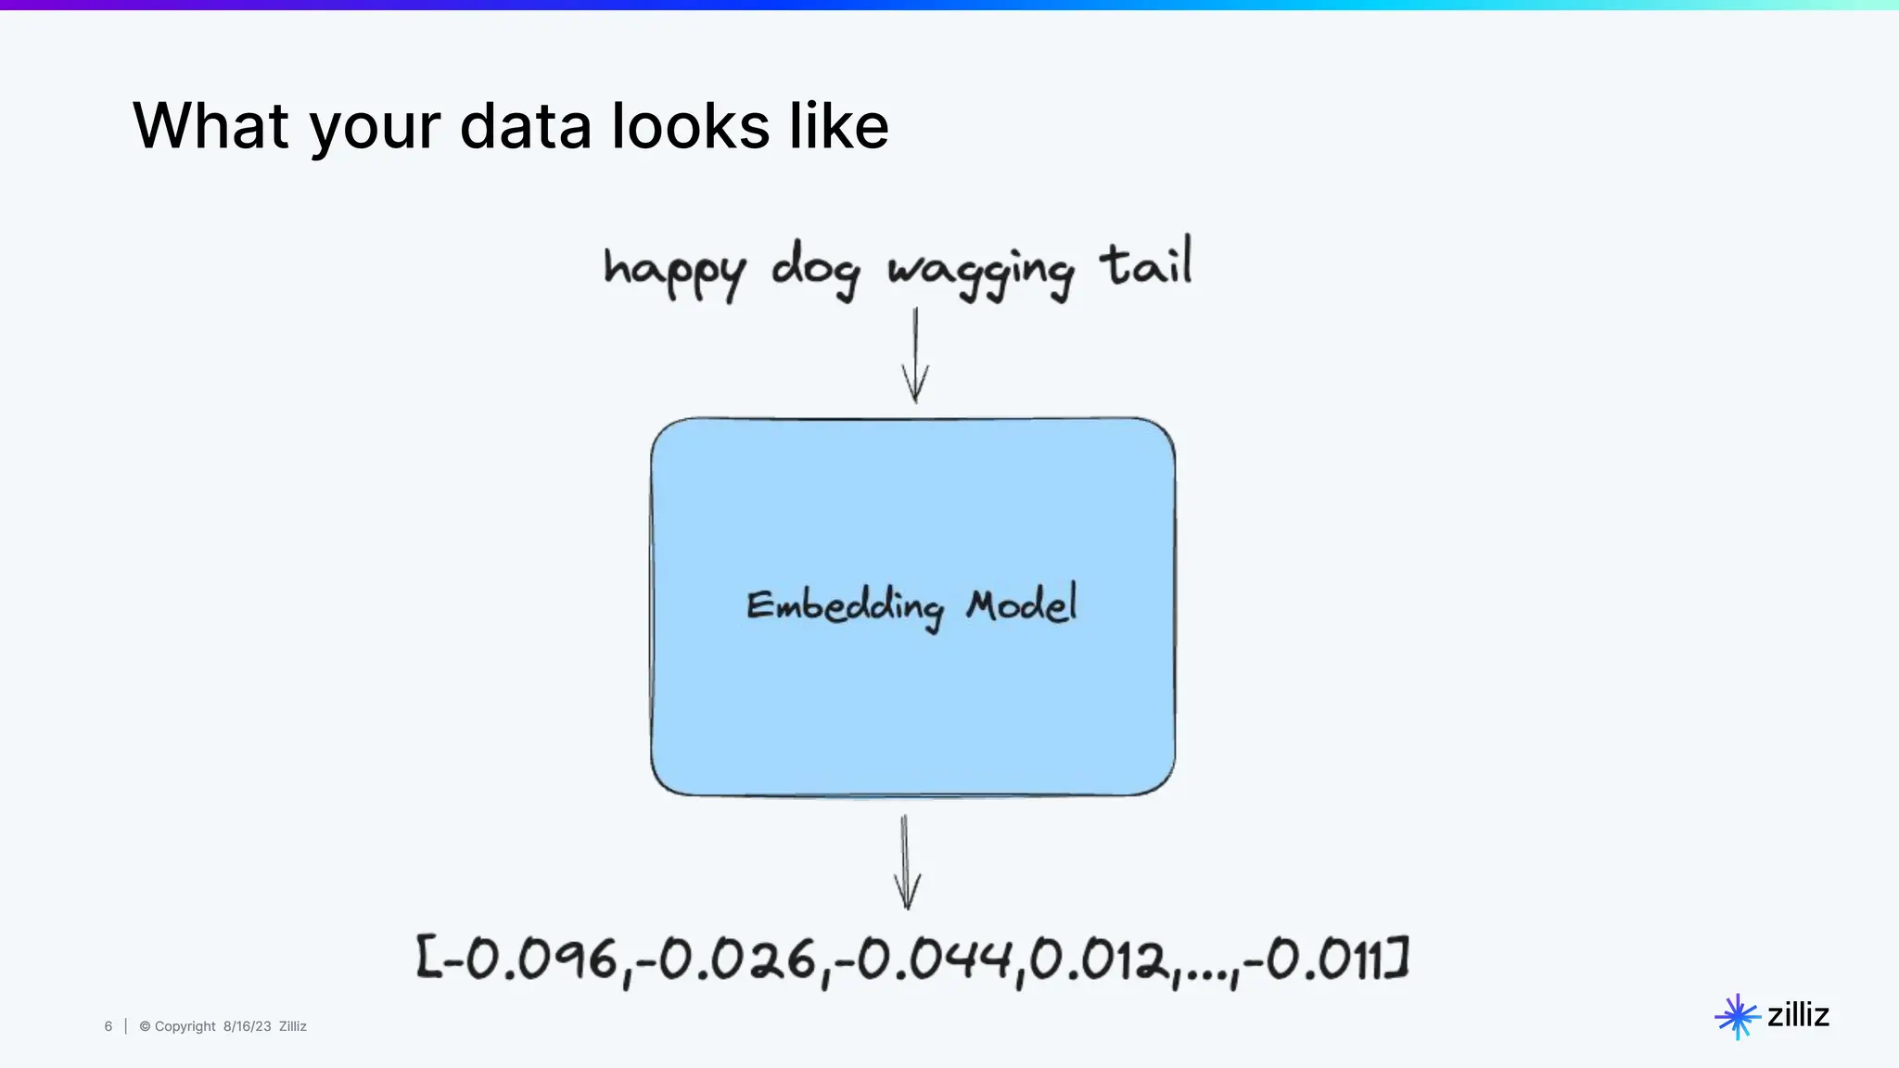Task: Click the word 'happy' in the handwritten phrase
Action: (x=674, y=271)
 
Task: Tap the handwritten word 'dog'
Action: (x=815, y=269)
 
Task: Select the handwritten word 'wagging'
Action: (x=981, y=272)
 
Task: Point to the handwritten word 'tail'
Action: (x=1146, y=263)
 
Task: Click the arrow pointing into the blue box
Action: (x=915, y=356)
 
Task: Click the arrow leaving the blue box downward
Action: (x=906, y=862)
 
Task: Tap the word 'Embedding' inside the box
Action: (x=845, y=607)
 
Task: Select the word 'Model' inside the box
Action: (x=1022, y=604)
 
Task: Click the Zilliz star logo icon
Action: (x=1737, y=1017)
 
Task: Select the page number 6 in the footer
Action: (x=108, y=1026)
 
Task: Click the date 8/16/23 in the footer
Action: (x=247, y=1026)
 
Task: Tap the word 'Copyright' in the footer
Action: (x=185, y=1026)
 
